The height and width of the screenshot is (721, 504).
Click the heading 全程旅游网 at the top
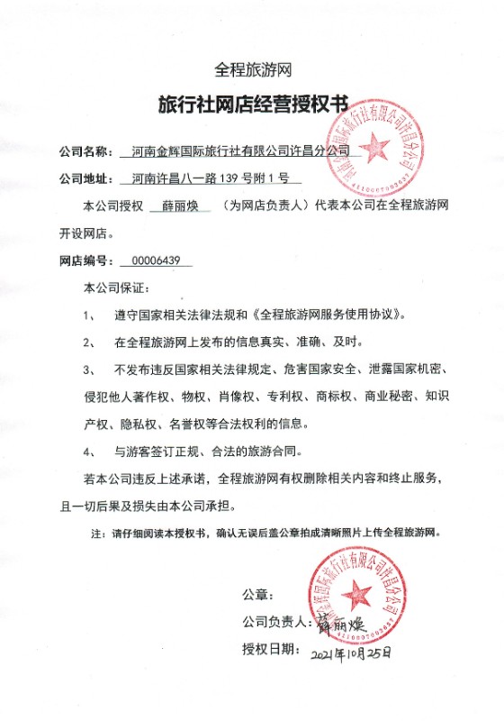[253, 68]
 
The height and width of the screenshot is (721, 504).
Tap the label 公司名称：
[86, 150]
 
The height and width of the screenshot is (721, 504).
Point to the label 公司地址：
[86, 178]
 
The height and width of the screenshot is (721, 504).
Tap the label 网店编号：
[86, 261]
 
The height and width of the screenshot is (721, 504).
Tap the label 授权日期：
[269, 650]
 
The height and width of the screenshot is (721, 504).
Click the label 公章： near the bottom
[256, 594]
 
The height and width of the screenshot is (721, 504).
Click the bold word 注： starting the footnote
[98, 534]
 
